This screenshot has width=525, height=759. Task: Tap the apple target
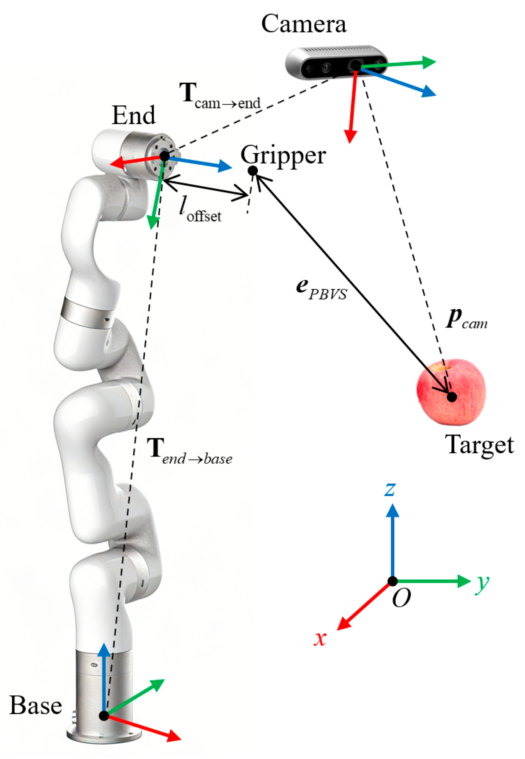pos(451,392)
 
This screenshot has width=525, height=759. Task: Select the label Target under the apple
pos(479,445)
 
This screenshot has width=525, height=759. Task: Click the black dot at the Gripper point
pos(253,171)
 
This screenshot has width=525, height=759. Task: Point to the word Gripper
pos(283,156)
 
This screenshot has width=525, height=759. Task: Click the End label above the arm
pos(133,115)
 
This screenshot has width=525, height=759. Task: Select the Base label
pos(36,705)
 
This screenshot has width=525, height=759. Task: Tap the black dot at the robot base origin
pos(104,715)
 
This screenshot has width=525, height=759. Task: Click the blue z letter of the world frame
pos(390,489)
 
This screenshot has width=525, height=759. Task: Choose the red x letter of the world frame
pos(320,638)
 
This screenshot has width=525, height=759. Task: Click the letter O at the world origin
pos(401,598)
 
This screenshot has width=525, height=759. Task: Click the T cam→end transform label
pos(220,96)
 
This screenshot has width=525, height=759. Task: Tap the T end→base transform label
pos(189,452)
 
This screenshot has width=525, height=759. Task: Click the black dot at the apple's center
pos(452,397)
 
